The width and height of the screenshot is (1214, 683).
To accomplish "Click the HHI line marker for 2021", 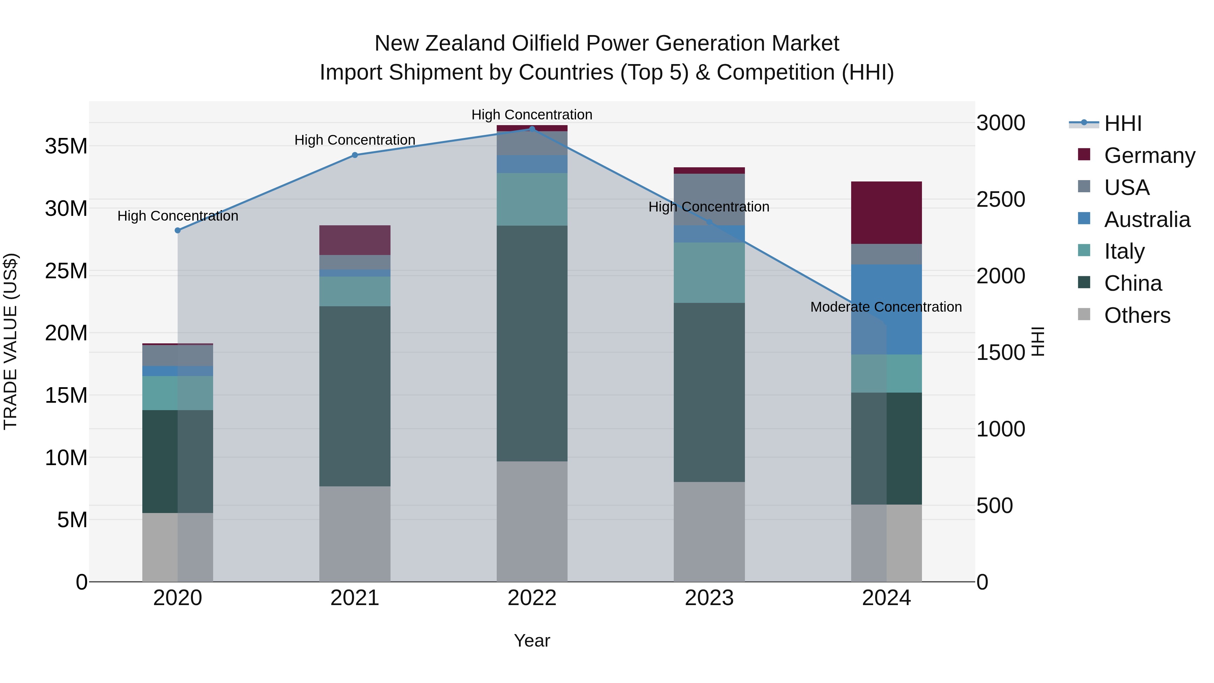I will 355,155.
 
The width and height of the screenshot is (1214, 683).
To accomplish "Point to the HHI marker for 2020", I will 178,230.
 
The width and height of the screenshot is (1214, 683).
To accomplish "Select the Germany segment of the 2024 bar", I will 886,212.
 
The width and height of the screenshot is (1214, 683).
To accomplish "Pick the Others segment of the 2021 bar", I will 355,534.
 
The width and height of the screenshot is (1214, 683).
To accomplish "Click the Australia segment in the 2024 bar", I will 886,309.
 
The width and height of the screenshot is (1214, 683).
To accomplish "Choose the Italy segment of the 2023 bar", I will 709,273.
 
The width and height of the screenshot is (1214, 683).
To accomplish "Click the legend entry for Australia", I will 1147,220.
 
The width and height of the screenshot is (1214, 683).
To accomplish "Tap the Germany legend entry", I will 1149,155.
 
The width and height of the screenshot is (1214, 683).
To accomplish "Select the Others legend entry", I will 1137,315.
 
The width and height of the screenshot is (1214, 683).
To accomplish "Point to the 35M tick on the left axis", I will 66,146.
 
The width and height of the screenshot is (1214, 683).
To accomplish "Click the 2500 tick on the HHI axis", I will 1001,199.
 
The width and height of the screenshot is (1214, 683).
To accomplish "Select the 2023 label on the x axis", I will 709,598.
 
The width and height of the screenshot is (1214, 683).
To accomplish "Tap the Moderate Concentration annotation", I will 886,307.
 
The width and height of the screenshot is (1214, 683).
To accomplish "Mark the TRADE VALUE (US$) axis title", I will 11,341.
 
